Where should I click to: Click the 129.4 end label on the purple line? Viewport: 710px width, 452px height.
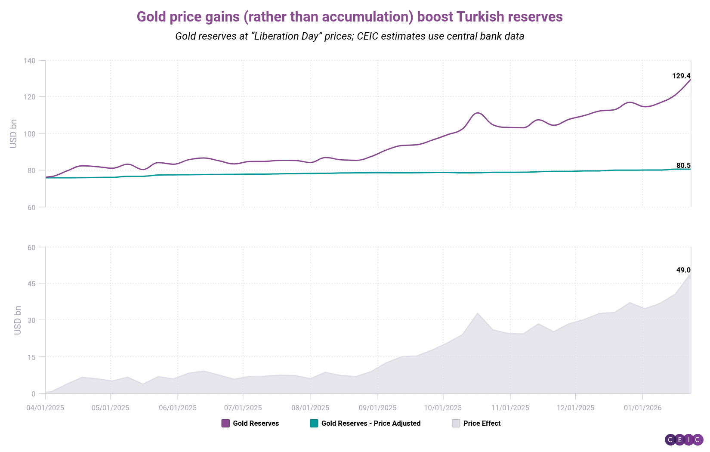point(681,76)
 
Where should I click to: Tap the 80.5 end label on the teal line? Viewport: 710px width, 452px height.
point(683,166)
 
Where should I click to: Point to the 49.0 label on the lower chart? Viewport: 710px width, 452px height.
point(683,270)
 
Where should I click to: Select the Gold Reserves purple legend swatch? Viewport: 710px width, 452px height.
point(225,424)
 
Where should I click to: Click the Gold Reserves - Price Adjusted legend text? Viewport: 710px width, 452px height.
point(370,424)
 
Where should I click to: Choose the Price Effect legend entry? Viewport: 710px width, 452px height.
point(482,424)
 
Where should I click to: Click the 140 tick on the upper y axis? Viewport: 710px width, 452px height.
point(30,61)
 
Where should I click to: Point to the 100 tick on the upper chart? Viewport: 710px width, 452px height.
point(30,134)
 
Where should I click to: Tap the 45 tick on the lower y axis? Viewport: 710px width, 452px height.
point(31,284)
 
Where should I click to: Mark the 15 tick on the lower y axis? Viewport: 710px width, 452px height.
point(31,357)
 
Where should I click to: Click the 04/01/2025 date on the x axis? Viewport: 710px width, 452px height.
point(45,408)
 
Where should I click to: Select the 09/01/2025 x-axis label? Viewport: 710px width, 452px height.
point(377,408)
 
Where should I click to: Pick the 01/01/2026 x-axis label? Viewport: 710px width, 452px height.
point(642,408)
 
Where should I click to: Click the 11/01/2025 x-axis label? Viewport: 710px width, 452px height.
point(510,408)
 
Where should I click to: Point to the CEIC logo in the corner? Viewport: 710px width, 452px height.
point(684,440)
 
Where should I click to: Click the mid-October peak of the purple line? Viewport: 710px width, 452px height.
point(478,113)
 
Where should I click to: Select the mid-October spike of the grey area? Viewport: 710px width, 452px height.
point(478,313)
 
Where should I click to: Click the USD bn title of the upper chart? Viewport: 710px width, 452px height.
point(14,134)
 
